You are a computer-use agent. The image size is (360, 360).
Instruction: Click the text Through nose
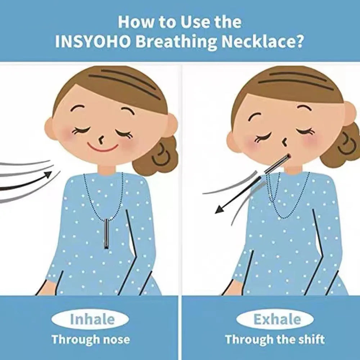coord(91,339)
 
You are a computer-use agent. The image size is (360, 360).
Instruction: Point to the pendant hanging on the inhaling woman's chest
coord(106,234)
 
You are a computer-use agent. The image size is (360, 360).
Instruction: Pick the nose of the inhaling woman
coord(100,139)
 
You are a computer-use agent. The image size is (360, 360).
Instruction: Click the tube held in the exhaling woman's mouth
coord(278,165)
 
